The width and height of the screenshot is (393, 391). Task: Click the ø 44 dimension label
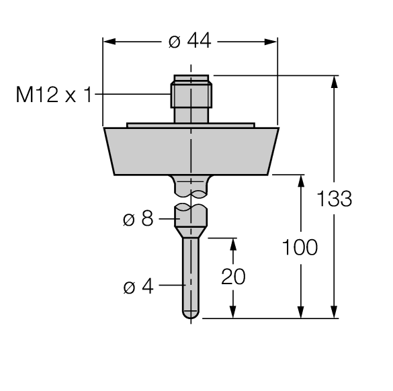(189, 42)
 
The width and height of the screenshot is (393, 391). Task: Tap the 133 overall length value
(334, 200)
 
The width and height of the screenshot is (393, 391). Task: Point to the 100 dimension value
(299, 247)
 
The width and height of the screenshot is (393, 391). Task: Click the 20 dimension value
(233, 276)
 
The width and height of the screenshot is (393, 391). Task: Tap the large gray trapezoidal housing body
(191, 151)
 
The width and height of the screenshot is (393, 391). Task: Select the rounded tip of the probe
(191, 313)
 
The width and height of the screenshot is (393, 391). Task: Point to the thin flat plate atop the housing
(191, 125)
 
